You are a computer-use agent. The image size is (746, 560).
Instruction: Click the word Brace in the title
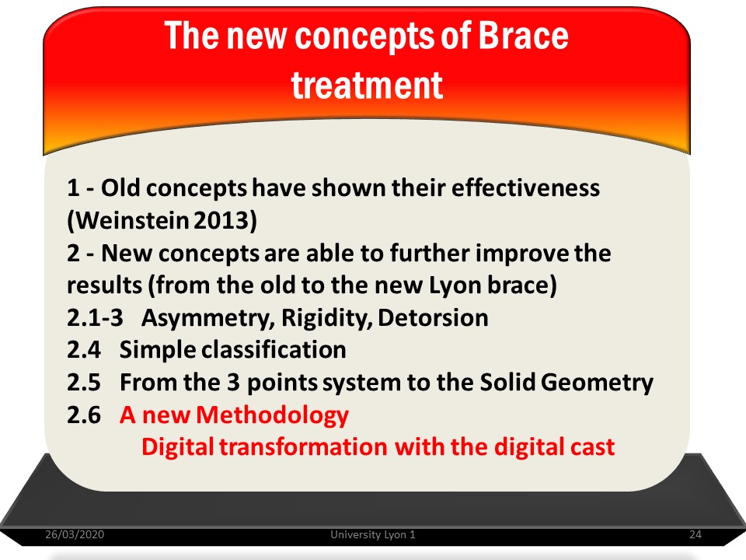(523, 35)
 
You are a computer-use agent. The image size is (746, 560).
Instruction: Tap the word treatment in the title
(367, 86)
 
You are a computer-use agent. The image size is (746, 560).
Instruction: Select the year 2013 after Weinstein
(222, 220)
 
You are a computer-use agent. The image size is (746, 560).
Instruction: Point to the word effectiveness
(525, 187)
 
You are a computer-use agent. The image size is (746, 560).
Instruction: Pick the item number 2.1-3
(95, 317)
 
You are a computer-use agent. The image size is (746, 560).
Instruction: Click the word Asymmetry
(208, 318)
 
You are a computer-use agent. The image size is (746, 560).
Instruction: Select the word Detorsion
(434, 317)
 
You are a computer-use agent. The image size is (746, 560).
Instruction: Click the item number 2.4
(84, 350)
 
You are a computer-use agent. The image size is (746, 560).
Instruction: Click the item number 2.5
(84, 383)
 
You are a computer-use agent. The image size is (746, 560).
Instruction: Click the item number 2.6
(84, 415)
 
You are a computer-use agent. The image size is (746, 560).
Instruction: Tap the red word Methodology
(272, 415)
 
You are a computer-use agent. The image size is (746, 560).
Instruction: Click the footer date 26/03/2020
(75, 534)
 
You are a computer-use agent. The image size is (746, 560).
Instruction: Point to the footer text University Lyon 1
(373, 534)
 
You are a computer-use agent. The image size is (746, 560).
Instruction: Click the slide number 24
(695, 534)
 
